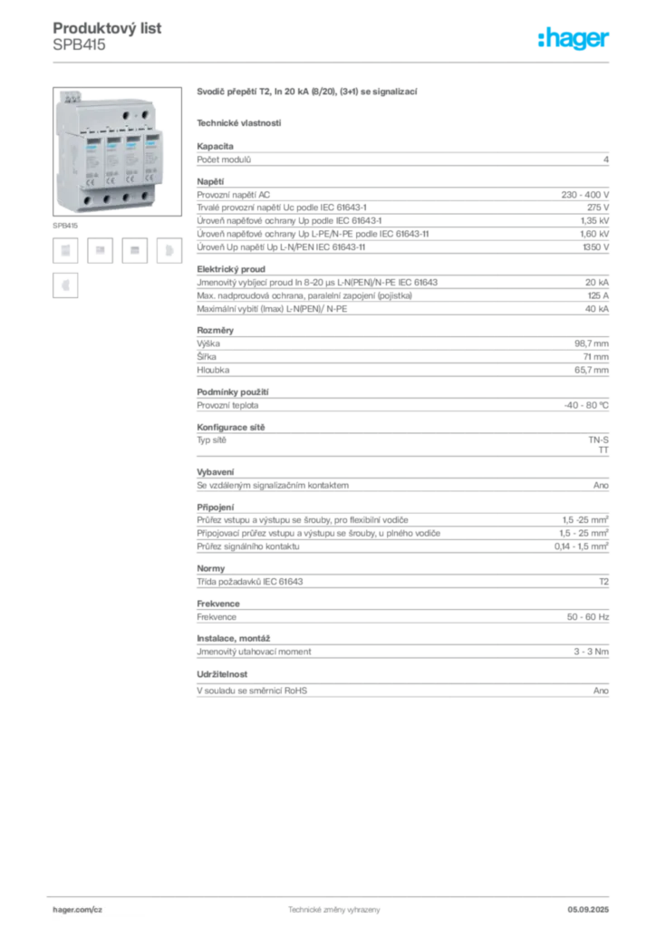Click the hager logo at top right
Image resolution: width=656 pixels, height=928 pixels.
(573, 39)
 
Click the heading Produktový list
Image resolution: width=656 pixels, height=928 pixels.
(107, 28)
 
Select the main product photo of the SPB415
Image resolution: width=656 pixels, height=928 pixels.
(117, 151)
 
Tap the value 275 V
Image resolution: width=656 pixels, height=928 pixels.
(598, 208)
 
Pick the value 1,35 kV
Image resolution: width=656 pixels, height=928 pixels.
(594, 221)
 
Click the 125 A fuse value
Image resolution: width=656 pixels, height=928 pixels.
(598, 295)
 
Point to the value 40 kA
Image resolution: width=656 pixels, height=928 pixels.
(597, 309)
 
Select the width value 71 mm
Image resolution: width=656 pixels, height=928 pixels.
(595, 357)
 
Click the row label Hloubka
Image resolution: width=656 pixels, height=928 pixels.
(213, 370)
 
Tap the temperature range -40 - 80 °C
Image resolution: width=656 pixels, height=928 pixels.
(586, 405)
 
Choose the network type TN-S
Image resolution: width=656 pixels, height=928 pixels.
(599, 440)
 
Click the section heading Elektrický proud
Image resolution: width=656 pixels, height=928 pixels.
(231, 268)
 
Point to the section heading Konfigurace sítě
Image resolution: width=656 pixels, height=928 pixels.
(231, 428)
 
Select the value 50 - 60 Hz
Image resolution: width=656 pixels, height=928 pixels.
(588, 616)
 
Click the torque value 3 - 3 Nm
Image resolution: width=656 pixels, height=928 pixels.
(591, 652)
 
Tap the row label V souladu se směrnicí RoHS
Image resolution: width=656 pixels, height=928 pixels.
(252, 691)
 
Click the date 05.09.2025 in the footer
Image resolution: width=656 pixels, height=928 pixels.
(588, 910)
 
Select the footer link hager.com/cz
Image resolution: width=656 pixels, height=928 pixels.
(78, 910)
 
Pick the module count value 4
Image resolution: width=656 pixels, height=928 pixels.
(606, 159)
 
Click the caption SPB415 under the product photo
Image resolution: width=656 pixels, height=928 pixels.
(65, 226)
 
